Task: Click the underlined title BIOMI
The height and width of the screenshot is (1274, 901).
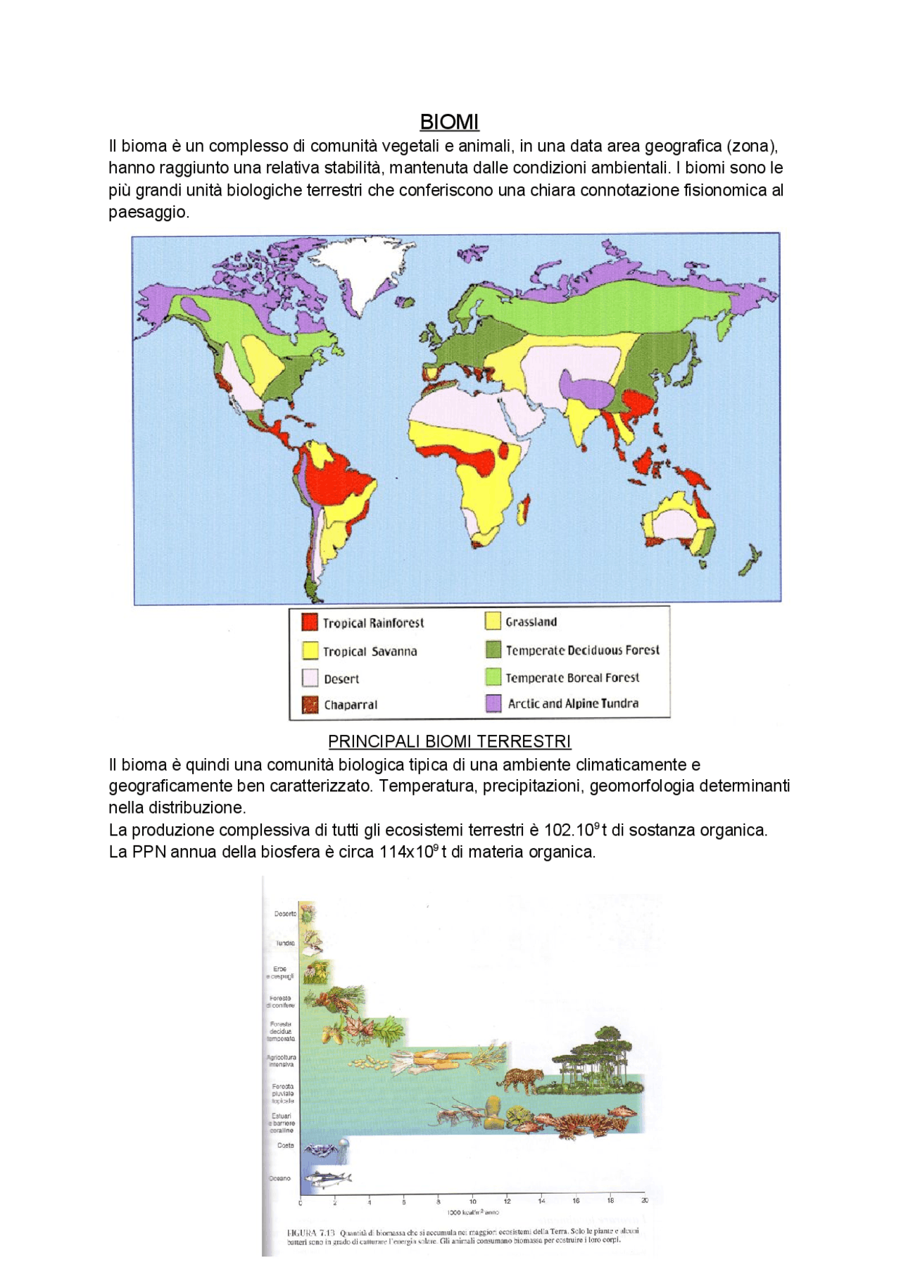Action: [x=449, y=122]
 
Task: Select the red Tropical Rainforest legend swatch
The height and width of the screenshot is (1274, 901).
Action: [x=310, y=622]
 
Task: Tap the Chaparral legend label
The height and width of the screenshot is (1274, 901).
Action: [x=351, y=705]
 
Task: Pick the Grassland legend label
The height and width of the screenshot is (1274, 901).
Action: [x=531, y=622]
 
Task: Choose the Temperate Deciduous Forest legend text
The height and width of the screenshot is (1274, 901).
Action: [x=582, y=650]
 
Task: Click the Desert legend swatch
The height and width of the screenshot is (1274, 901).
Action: [x=310, y=678]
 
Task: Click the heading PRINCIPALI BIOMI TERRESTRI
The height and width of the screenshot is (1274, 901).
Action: [x=449, y=741]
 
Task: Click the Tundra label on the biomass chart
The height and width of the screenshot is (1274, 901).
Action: [x=285, y=943]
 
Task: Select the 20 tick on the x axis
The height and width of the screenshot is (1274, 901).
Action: [x=645, y=1201]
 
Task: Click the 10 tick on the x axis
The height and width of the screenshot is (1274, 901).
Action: [x=472, y=1202]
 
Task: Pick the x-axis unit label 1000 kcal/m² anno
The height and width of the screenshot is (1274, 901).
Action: [x=472, y=1212]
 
